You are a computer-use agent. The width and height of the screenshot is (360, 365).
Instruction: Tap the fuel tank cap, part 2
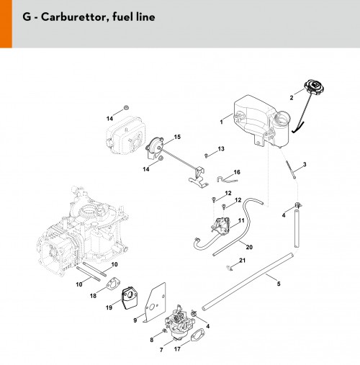click(x=314, y=88)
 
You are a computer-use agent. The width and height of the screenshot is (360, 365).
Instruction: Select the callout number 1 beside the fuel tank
click(x=221, y=122)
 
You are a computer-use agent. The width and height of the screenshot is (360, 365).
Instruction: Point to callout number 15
click(x=177, y=137)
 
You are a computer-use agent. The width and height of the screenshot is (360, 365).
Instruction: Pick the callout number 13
click(x=221, y=149)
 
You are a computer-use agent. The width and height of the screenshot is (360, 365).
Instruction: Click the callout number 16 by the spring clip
click(x=237, y=172)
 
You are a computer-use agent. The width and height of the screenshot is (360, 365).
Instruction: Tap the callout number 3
click(x=305, y=164)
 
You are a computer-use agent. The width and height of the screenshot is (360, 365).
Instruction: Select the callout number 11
click(x=241, y=220)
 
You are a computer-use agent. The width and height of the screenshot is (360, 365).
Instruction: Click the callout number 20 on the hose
click(x=249, y=247)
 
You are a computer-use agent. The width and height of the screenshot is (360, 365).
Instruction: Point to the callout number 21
click(x=243, y=261)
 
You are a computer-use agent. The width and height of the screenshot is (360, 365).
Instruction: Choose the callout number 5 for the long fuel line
click(x=279, y=284)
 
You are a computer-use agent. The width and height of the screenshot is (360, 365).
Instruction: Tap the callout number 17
click(x=177, y=348)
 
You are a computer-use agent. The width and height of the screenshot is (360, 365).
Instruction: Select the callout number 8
click(x=152, y=340)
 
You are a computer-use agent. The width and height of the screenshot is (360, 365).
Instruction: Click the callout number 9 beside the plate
click(x=135, y=320)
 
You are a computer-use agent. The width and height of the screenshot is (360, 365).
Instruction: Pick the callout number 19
click(x=109, y=307)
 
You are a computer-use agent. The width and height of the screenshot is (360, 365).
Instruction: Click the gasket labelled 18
click(x=114, y=283)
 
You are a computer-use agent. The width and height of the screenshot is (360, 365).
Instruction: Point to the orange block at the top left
click(x=6, y=24)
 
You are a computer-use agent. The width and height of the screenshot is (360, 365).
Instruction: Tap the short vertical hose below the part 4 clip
click(x=297, y=228)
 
